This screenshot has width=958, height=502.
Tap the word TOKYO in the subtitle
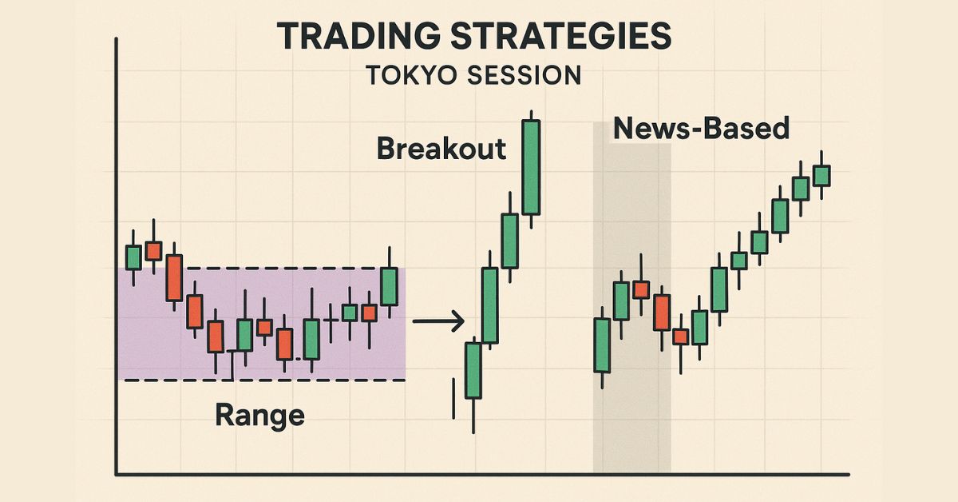[408, 76]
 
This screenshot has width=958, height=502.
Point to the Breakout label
[441, 149]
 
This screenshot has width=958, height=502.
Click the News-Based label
[701, 128]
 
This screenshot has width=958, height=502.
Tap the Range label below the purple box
[259, 415]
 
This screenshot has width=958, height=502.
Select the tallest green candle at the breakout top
[531, 167]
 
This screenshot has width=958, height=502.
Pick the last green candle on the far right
[821, 175]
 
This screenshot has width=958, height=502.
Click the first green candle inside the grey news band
[602, 345]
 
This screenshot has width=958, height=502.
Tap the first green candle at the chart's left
[133, 257]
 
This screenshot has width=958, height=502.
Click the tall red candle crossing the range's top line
[175, 277]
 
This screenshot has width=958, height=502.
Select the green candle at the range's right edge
[389, 286]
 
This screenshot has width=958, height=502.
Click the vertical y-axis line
[117, 256]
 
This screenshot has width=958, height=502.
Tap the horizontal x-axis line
[479, 474]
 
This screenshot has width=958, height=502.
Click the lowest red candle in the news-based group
[680, 337]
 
